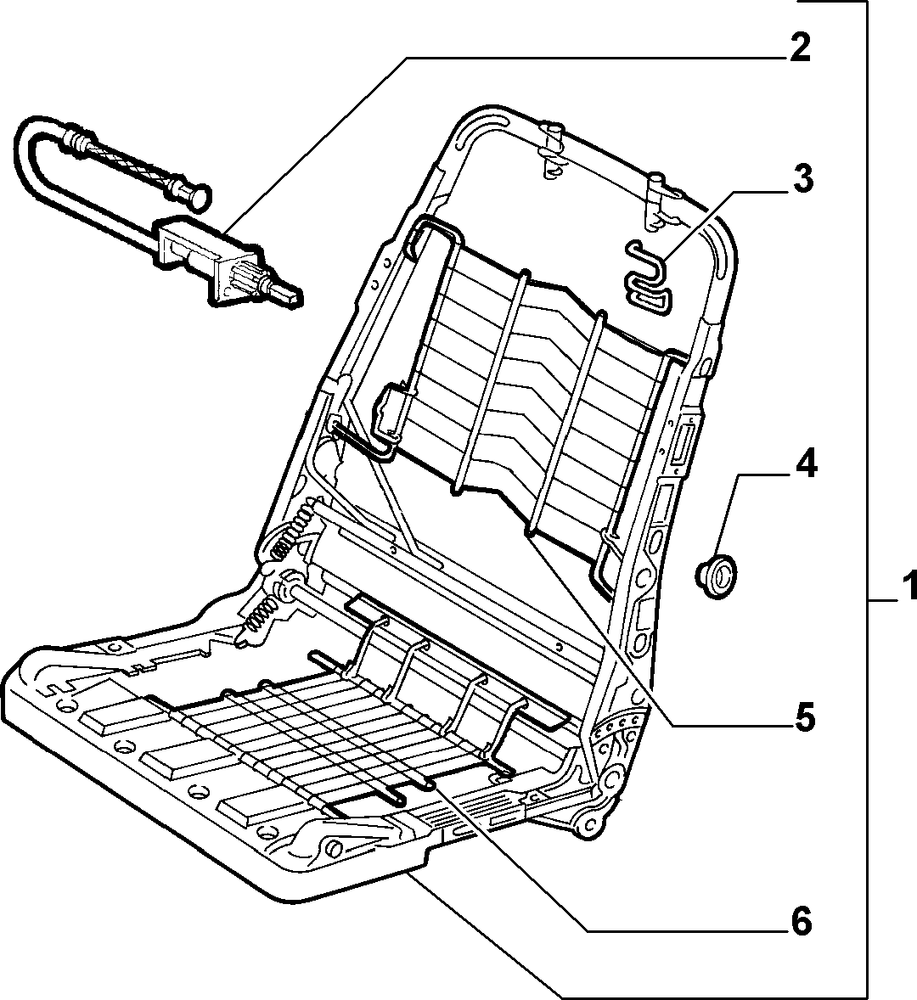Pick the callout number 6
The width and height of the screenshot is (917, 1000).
coord(802,921)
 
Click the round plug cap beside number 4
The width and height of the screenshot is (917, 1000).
coord(716,575)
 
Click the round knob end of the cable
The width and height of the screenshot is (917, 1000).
coord(200,195)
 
